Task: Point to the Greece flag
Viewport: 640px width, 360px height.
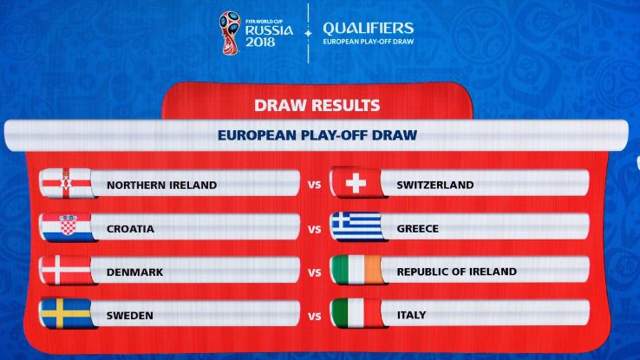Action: [357, 226]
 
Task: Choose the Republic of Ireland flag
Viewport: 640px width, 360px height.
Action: [357, 270]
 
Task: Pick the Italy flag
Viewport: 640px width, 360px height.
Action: [357, 313]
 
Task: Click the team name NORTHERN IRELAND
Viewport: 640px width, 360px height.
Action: [161, 186]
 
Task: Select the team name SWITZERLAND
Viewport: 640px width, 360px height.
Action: [435, 185]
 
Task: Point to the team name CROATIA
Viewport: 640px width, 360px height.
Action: [130, 229]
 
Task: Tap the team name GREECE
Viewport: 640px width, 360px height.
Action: [417, 228]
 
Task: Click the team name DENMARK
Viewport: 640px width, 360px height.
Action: [134, 272]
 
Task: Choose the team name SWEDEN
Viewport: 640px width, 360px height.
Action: [130, 316]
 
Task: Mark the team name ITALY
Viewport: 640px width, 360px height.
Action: [411, 315]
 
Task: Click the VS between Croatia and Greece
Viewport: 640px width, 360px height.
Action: [314, 230]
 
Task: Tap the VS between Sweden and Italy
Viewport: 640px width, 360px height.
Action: [314, 317]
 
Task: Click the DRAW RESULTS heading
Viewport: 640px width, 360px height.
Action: [317, 105]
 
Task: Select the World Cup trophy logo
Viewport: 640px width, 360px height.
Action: [231, 33]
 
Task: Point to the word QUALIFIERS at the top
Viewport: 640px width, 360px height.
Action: [369, 28]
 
